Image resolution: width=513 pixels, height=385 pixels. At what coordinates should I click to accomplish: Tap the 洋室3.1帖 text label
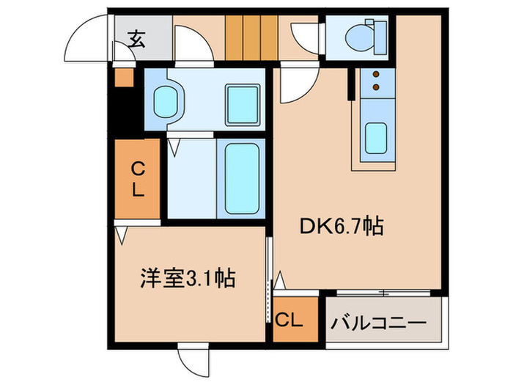(x=187, y=279)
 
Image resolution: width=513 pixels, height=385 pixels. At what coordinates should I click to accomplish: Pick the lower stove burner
(x=376, y=88)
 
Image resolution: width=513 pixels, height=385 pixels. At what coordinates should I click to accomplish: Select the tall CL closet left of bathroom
(x=137, y=178)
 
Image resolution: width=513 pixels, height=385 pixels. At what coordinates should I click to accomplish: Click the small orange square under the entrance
(x=123, y=77)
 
